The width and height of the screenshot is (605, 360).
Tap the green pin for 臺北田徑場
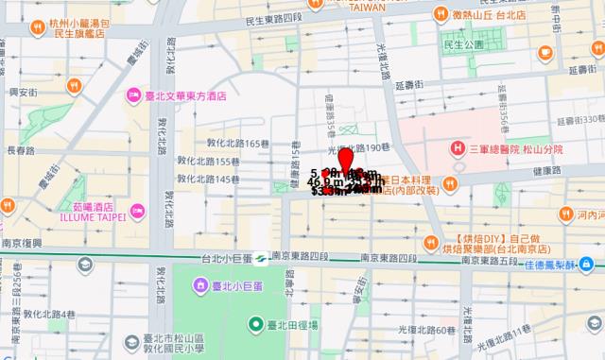click(255, 326)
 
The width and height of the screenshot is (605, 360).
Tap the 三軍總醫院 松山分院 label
click(515, 148)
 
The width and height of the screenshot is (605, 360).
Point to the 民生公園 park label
click(464, 43)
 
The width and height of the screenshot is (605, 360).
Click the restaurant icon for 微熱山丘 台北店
click(441, 13)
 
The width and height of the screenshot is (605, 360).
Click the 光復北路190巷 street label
click(358, 148)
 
